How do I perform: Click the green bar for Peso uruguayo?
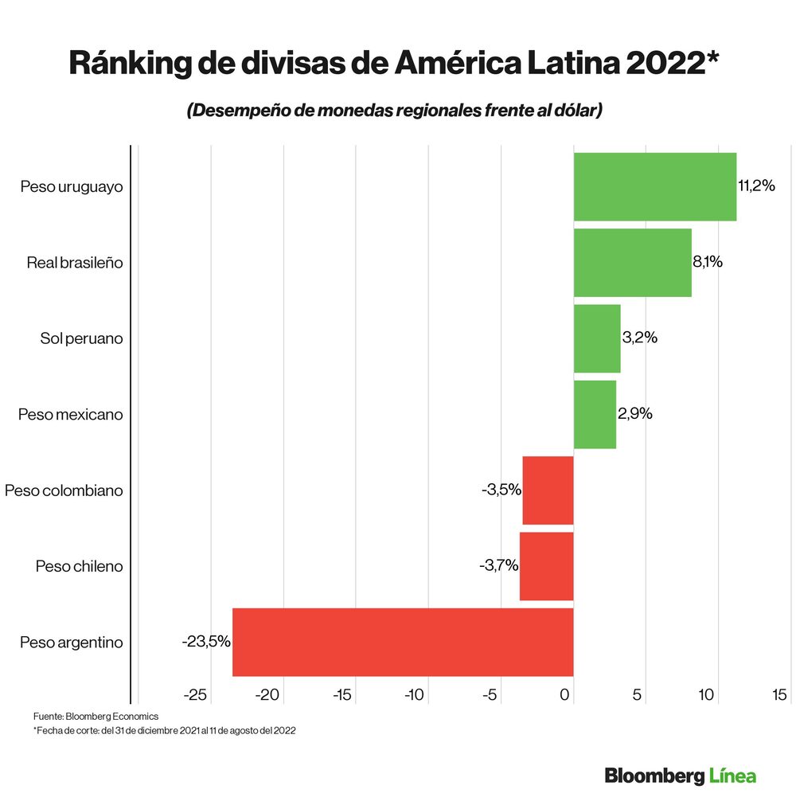(x=654, y=186)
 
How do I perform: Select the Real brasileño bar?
(x=632, y=263)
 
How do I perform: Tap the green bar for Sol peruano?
(x=596, y=338)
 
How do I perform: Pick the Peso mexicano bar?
(x=595, y=414)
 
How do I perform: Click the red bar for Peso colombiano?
(x=548, y=490)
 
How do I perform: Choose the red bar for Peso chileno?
(x=546, y=566)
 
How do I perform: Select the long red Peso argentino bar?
(x=403, y=642)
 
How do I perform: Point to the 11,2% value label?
(x=756, y=186)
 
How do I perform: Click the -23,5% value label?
(x=205, y=642)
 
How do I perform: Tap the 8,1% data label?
(x=707, y=262)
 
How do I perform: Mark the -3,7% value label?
(x=498, y=566)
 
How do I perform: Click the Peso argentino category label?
(x=71, y=643)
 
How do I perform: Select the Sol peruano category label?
(x=81, y=338)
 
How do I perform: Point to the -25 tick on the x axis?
(x=195, y=695)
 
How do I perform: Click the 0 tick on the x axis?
(x=565, y=695)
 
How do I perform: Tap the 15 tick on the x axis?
(x=780, y=695)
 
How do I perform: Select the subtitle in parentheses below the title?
(x=394, y=111)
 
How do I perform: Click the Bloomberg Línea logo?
(x=680, y=776)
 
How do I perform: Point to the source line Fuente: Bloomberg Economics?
(x=96, y=717)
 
